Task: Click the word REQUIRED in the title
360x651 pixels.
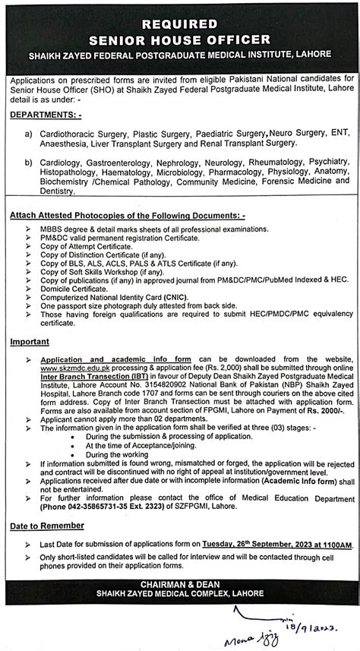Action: pyautogui.click(x=180, y=24)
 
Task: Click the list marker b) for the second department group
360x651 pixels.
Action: pyautogui.click(x=28, y=161)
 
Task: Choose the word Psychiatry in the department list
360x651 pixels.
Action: pyautogui.click(x=327, y=161)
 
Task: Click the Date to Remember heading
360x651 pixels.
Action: pyautogui.click(x=47, y=526)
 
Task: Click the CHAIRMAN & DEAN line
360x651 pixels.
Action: pyautogui.click(x=180, y=584)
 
